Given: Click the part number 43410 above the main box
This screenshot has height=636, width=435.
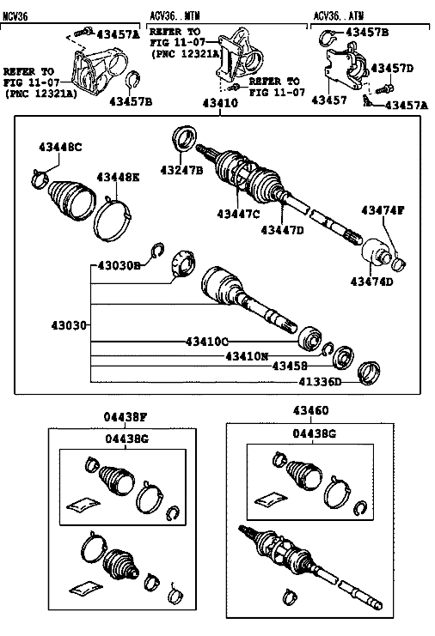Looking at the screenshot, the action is tap(220, 103).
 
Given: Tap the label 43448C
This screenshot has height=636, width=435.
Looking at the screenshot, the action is tap(60, 147).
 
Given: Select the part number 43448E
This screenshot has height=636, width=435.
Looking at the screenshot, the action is tap(118, 178).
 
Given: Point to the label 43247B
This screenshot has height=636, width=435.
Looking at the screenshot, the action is tap(181, 170).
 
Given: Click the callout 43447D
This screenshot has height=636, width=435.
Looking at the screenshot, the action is tap(282, 230).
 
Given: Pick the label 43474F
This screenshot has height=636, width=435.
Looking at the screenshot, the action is tap(383, 210).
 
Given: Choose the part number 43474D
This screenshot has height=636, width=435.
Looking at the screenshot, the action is tap(372, 281).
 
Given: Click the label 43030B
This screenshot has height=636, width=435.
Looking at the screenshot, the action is tap(119, 266).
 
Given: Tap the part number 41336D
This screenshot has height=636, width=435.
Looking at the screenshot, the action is tap(320, 382).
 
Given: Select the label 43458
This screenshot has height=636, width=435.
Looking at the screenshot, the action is tap(290, 366).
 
